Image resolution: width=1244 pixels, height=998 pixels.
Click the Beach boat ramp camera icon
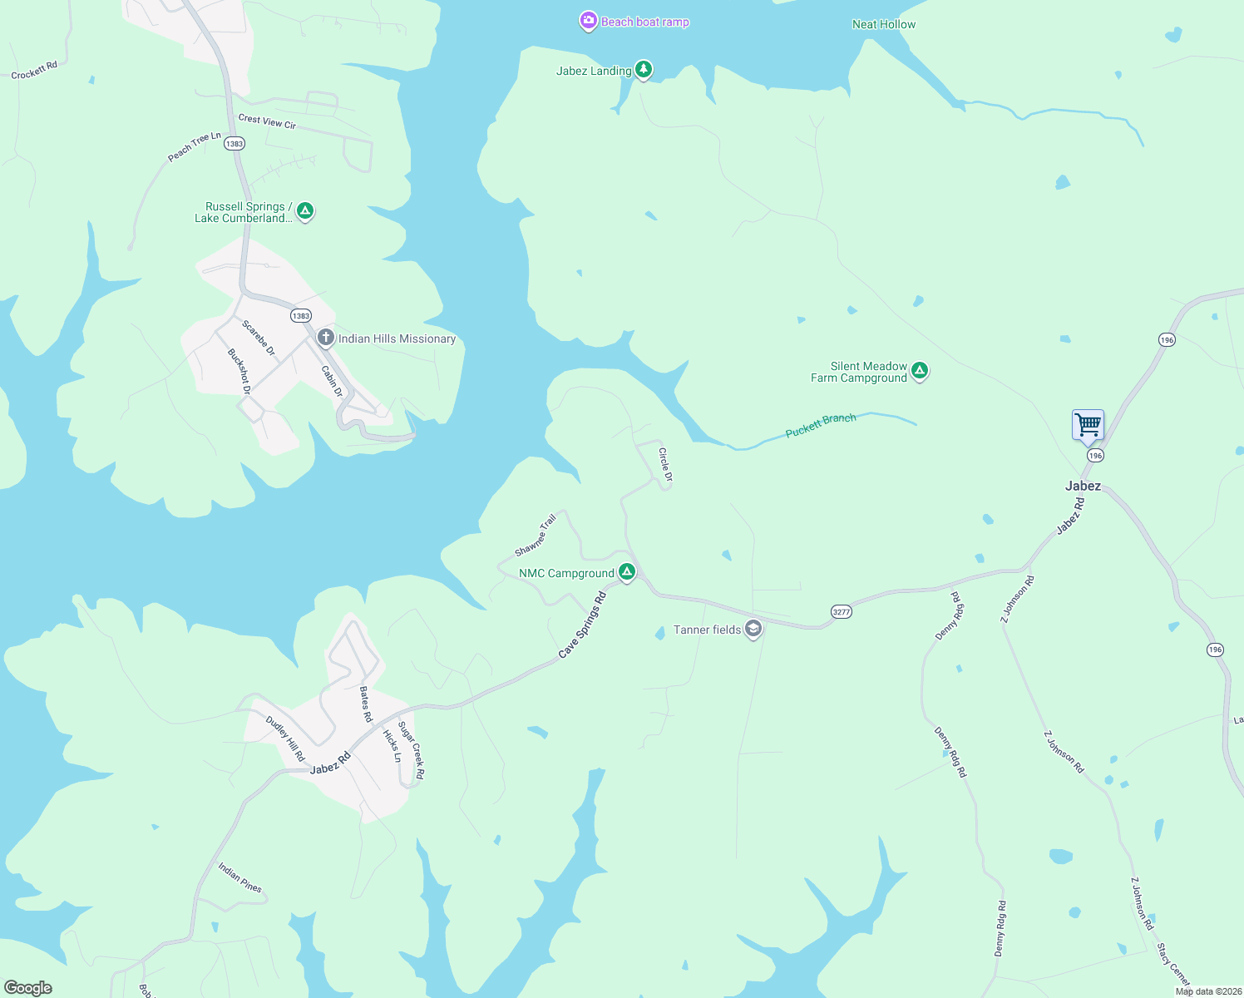click(588, 22)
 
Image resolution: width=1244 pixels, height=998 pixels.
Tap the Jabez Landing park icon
click(643, 70)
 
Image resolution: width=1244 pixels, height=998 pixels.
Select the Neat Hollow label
click(883, 24)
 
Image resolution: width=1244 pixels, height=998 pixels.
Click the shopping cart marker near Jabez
click(1088, 426)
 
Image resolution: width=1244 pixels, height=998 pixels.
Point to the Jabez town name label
click(1083, 486)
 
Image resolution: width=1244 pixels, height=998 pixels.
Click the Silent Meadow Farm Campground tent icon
click(919, 371)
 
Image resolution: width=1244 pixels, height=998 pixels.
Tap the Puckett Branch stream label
click(820, 425)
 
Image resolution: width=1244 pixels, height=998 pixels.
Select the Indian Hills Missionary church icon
click(326, 338)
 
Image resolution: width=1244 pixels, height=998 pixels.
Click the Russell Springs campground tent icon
click(305, 211)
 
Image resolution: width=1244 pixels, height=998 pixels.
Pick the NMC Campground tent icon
click(627, 572)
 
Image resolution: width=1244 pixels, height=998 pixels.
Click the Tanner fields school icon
click(753, 629)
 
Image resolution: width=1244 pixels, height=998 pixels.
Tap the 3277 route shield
click(842, 612)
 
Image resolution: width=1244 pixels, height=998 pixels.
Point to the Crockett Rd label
click(34, 71)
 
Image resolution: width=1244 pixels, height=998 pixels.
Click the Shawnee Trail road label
click(535, 536)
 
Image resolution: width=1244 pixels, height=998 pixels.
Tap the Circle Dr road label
click(665, 465)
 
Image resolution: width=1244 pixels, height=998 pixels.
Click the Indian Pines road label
click(239, 877)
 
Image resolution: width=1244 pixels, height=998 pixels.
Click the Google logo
click(28, 987)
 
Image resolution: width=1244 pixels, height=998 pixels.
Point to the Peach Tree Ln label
click(195, 146)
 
